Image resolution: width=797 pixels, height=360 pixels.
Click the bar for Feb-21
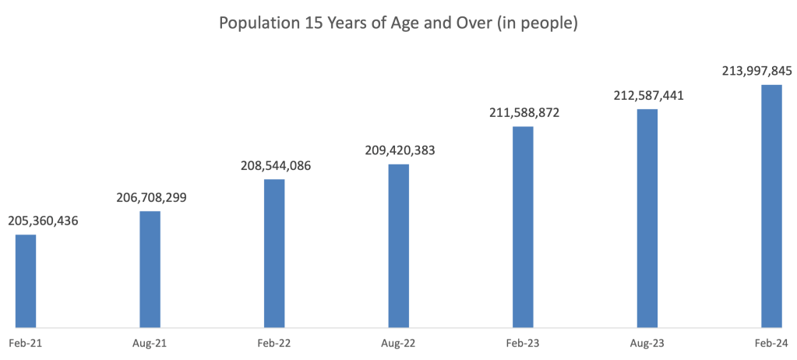(26, 281)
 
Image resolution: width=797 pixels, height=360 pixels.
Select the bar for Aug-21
(150, 269)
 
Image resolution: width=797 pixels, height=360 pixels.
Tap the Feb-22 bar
(274, 253)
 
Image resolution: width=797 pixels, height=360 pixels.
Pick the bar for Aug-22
(398, 245)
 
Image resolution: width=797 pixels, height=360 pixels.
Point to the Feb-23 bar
(523, 226)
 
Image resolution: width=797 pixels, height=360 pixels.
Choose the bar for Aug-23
(647, 218)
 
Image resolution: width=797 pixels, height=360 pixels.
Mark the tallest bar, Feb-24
(771, 206)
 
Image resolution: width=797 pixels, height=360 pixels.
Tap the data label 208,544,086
(273, 166)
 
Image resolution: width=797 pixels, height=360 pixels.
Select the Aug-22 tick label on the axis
(398, 343)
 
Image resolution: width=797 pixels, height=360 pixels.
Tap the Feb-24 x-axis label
(771, 343)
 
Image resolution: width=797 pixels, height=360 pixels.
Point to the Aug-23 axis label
(647, 343)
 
